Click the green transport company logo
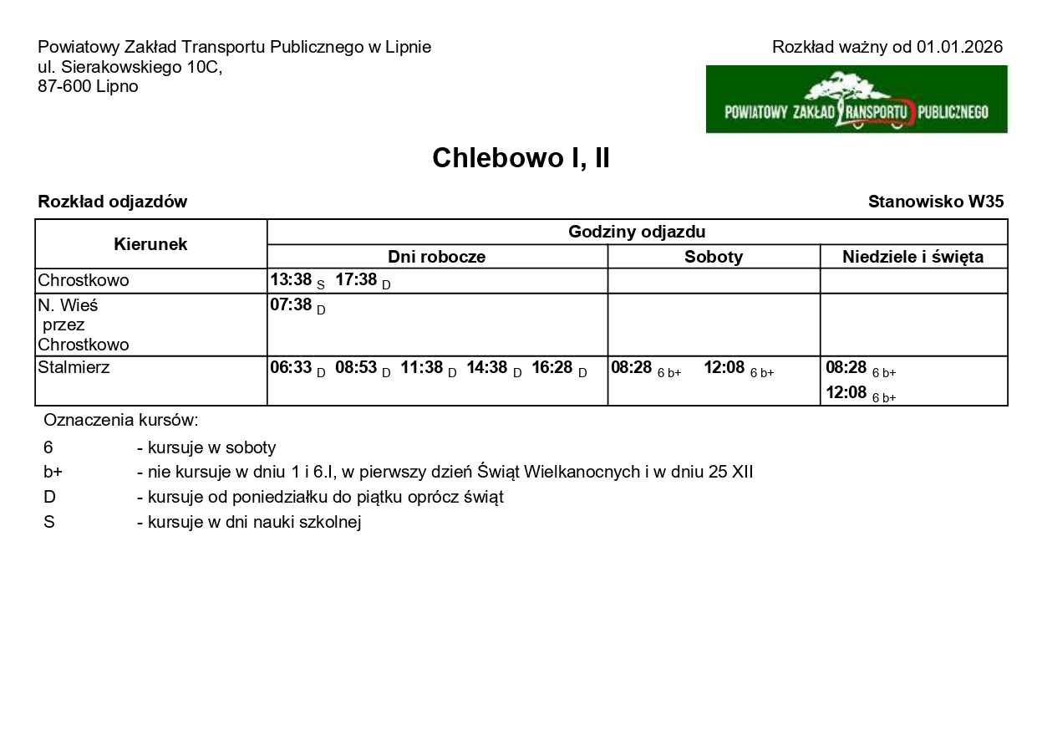click(x=857, y=100)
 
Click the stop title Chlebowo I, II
click(x=521, y=158)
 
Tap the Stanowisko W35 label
click(x=935, y=202)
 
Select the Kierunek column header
click(x=150, y=244)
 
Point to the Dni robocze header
click(x=436, y=257)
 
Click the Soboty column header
click(x=713, y=257)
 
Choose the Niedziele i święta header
click(x=912, y=257)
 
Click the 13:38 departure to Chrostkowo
click(x=291, y=280)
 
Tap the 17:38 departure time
click(x=356, y=280)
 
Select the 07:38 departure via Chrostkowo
click(x=291, y=304)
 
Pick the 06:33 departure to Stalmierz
click(x=291, y=368)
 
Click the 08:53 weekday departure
click(x=356, y=368)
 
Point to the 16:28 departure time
click(x=552, y=368)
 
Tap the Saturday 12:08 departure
click(x=724, y=368)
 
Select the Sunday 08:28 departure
click(x=846, y=368)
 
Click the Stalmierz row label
click(x=74, y=367)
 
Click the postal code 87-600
click(x=64, y=86)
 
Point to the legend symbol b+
click(x=53, y=472)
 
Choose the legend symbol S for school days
click(x=48, y=522)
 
